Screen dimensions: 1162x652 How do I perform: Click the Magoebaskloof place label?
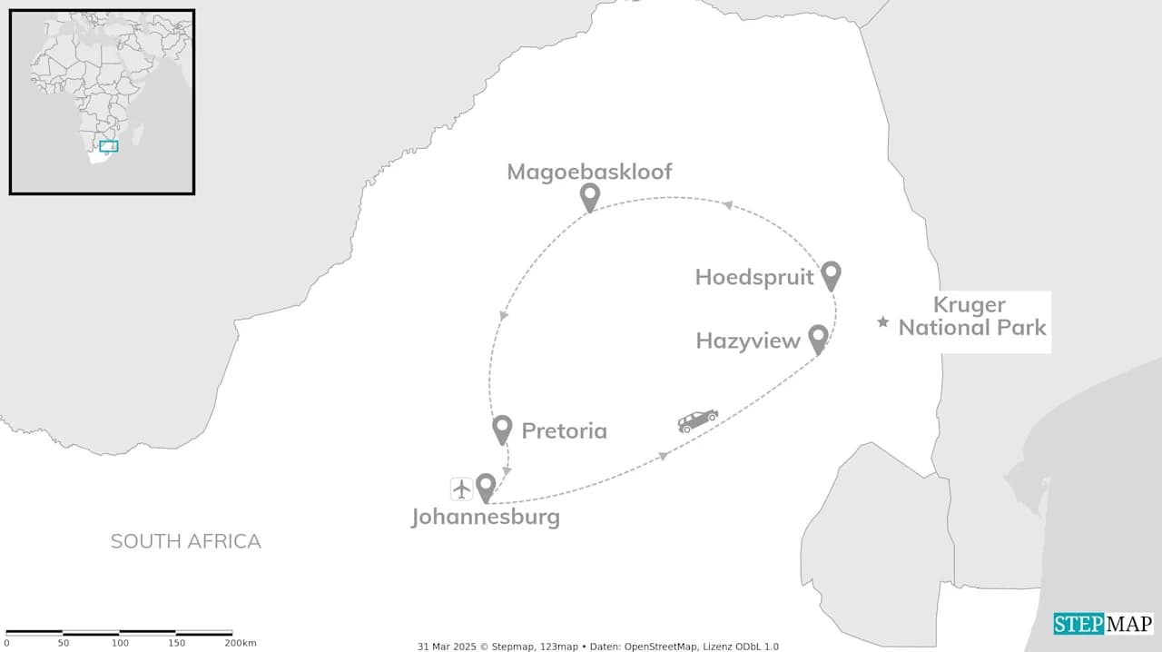589,172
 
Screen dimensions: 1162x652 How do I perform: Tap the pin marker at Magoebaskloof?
590,195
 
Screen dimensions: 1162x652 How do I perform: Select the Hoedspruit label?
754,277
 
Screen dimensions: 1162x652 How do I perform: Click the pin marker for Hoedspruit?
831,274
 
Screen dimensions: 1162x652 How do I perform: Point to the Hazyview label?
748,341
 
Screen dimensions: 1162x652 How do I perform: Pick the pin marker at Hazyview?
818,338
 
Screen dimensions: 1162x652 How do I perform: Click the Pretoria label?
564,430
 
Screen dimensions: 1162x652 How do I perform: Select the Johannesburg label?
486,518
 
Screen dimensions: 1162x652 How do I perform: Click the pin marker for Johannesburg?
486,487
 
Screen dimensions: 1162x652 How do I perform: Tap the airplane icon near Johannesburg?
462,489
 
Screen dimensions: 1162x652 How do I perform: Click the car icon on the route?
697,420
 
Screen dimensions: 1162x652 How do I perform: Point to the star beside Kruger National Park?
882,321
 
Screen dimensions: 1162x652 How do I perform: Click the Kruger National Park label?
971,316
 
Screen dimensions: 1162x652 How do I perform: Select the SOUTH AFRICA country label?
185,541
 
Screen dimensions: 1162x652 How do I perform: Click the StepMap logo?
1103,624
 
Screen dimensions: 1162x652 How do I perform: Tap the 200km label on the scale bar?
240,643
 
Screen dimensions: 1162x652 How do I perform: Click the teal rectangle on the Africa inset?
109,146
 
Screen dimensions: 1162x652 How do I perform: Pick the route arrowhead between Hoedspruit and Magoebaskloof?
727,205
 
